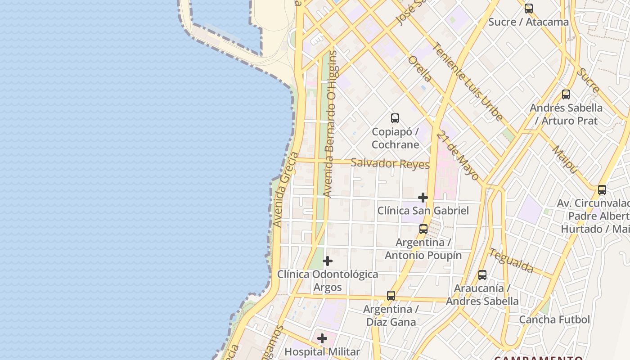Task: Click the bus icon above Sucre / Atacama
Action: click(529, 9)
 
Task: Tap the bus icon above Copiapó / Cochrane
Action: click(395, 118)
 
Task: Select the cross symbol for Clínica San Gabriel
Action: click(423, 197)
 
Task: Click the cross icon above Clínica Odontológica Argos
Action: click(328, 261)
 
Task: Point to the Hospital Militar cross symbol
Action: click(322, 338)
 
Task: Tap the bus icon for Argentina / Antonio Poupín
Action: click(423, 229)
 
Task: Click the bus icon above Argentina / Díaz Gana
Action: click(391, 296)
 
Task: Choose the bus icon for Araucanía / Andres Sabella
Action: click(482, 274)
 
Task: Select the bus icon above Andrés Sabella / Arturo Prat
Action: click(566, 94)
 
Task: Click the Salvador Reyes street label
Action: click(390, 163)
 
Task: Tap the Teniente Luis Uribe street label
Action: click(468, 81)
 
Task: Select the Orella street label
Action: click(420, 68)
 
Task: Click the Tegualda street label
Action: click(512, 260)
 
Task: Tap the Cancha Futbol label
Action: click(554, 319)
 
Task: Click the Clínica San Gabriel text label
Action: click(423, 211)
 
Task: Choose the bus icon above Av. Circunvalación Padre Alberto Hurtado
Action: click(602, 190)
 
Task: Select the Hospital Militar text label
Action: click(322, 352)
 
